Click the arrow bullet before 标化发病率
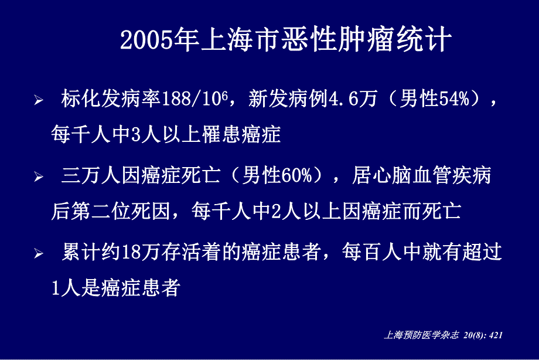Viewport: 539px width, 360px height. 39,101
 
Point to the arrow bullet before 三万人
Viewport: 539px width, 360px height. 39,177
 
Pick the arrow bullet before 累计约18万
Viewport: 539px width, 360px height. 39,254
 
